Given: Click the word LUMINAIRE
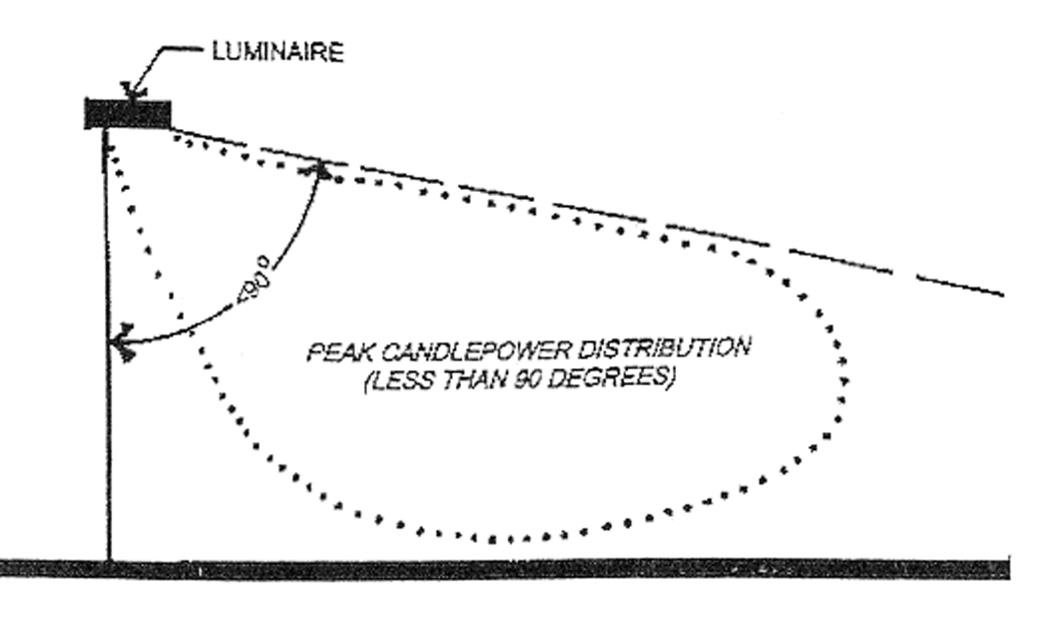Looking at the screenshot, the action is (278, 52).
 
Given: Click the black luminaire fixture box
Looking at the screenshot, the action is (128, 113).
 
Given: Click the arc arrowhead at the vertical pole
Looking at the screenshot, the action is (121, 343).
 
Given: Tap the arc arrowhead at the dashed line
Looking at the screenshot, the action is (321, 171).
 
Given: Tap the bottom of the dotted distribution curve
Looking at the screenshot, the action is (510, 539).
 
